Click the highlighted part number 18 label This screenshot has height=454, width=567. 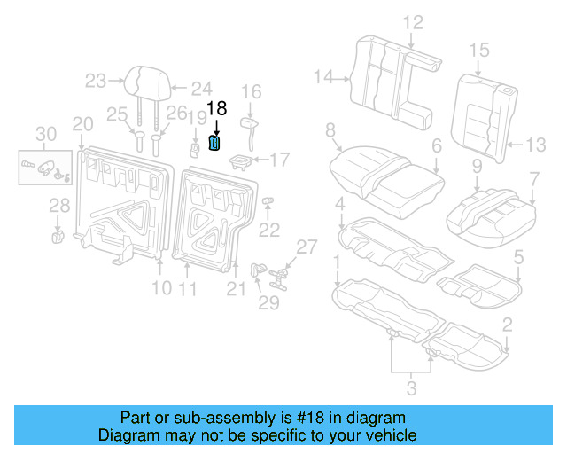tap(216, 109)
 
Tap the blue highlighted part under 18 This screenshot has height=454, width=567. tap(214, 143)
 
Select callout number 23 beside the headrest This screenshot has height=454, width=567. tap(96, 82)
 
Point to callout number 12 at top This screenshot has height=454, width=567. tap(414, 23)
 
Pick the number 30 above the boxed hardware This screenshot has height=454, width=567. tap(45, 134)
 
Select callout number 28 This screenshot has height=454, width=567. tap(58, 206)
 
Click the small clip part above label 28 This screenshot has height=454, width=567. tap(58, 236)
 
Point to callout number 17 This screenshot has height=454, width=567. tap(280, 160)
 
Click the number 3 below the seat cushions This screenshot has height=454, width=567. tap(410, 387)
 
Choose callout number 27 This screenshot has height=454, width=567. tap(306, 247)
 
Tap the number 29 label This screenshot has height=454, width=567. tap(268, 303)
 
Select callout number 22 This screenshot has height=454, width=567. tap(268, 231)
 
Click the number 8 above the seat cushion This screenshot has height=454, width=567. tap(330, 132)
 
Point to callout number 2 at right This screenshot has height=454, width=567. tap(507, 324)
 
